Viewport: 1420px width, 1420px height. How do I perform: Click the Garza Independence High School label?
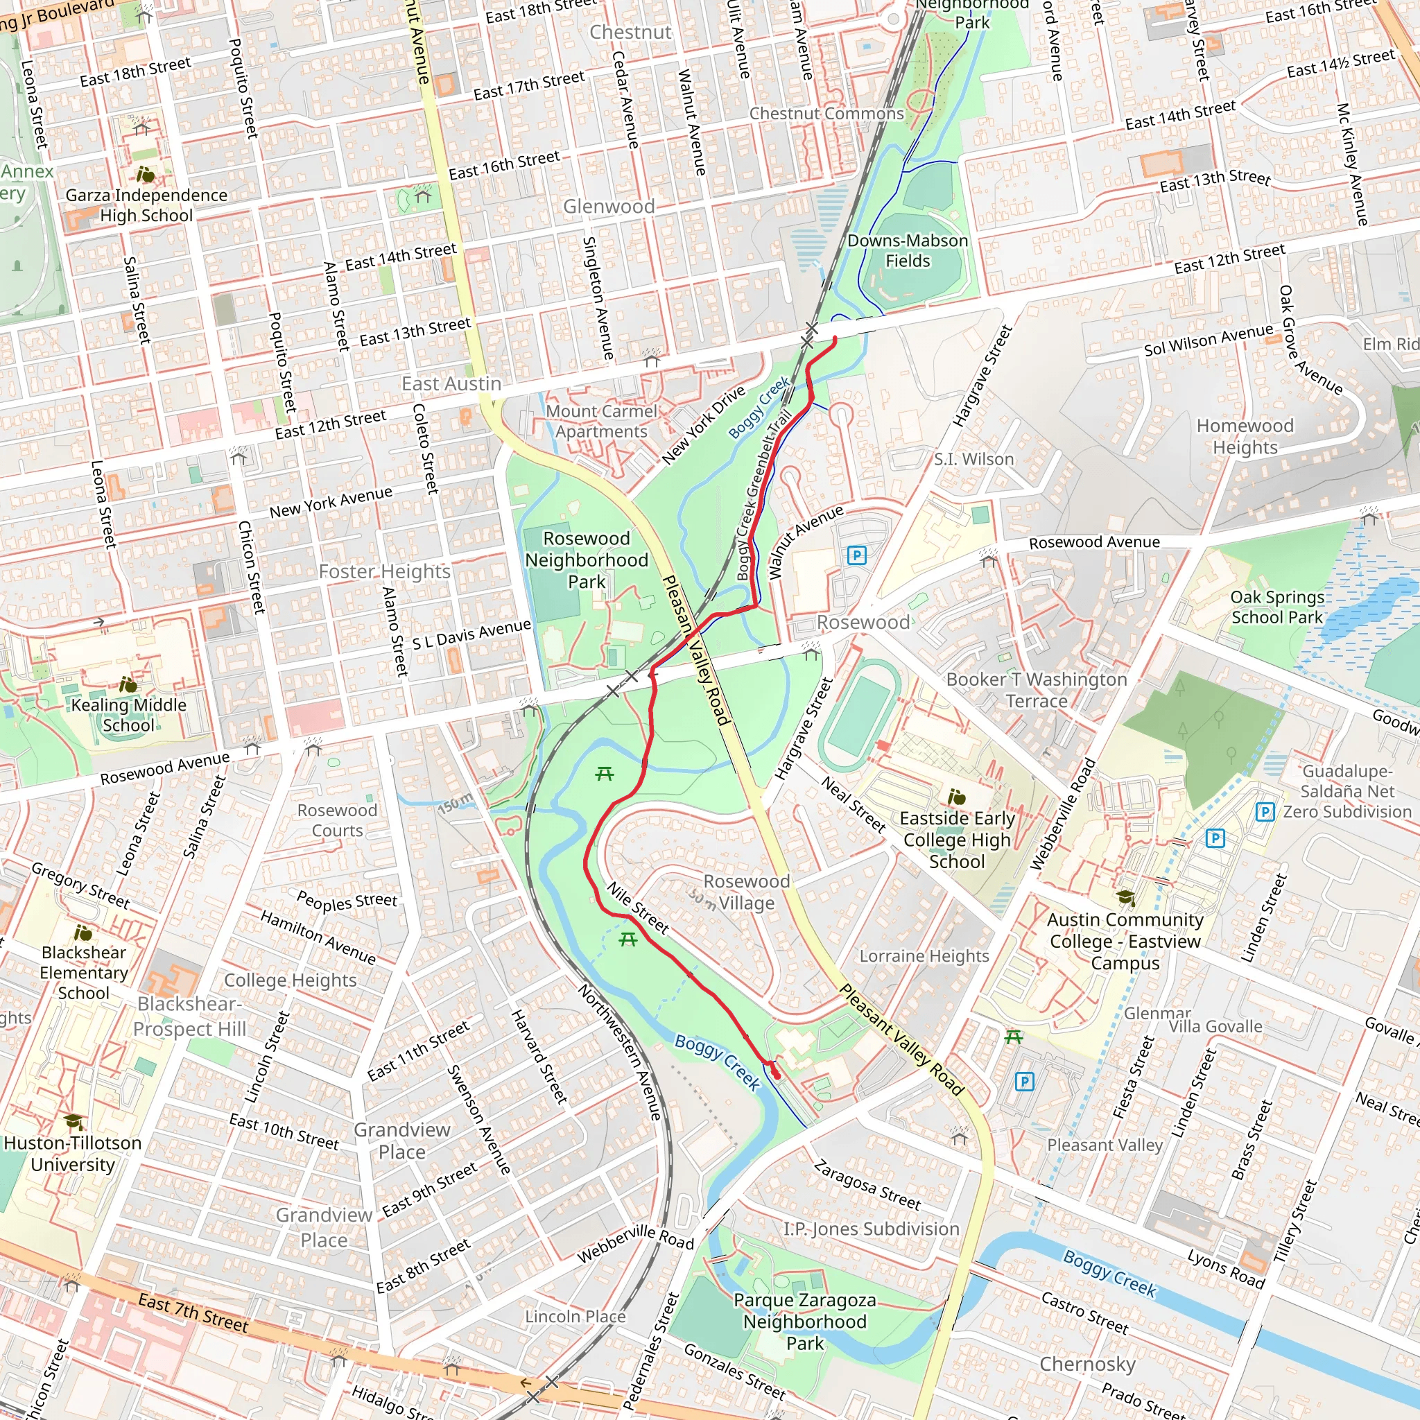coord(146,205)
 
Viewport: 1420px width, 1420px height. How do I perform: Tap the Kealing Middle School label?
coord(129,714)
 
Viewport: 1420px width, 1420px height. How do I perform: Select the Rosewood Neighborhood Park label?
coord(586,560)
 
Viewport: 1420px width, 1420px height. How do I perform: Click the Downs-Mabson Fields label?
coord(907,250)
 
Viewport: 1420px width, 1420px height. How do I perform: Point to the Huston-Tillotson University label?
coord(72,1153)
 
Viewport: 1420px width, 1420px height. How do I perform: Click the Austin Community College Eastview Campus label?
coord(1125,941)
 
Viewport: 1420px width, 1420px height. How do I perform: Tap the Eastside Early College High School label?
coord(956,840)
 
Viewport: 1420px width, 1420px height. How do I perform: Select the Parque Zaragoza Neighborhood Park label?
coord(804,1322)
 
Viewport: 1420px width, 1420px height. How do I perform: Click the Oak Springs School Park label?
coord(1277,607)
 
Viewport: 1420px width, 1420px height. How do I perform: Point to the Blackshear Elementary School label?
coord(84,972)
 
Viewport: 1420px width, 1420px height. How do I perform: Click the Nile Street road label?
coord(637,908)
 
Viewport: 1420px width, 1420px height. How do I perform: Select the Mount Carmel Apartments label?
coord(601,421)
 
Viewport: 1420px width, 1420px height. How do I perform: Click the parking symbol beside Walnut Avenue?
coord(856,555)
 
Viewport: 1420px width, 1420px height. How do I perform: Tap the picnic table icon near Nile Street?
coord(627,940)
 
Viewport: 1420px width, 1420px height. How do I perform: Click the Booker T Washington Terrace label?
coord(1037,689)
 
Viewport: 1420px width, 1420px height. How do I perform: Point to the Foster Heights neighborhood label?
coord(384,571)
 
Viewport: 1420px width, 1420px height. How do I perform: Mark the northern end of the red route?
coord(835,338)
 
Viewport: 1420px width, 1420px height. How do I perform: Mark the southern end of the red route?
coord(777,1077)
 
